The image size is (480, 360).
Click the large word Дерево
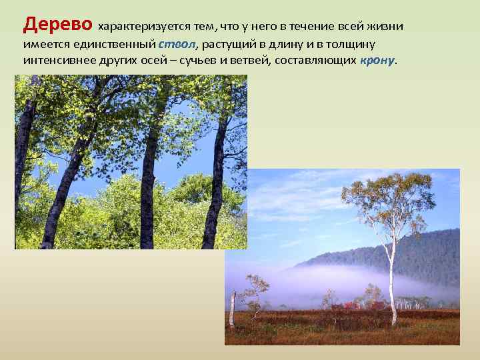(58, 25)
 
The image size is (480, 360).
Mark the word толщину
(352, 44)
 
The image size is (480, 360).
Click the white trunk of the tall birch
(393, 280)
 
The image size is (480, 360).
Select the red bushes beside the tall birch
(360, 305)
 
